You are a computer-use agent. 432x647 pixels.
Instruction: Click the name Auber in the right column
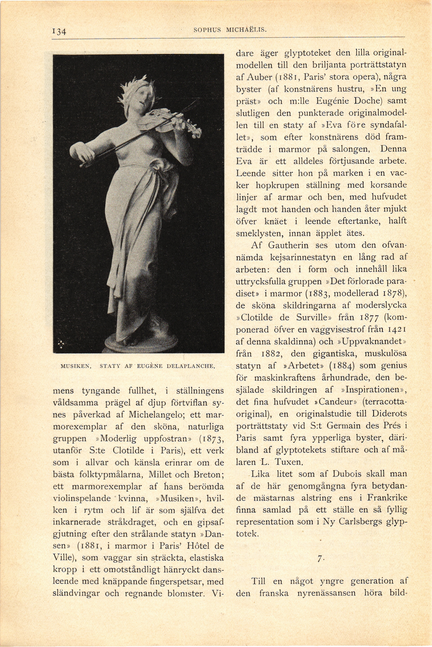pos(258,77)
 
